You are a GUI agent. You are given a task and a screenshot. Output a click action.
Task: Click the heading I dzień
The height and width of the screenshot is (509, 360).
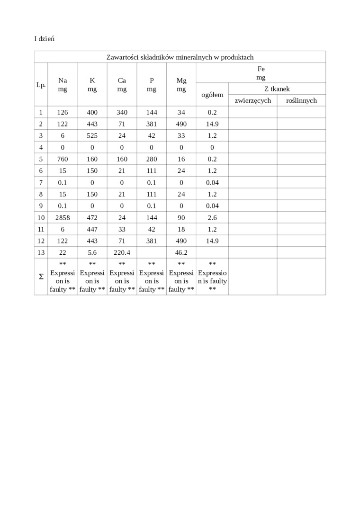pyautogui.click(x=44, y=38)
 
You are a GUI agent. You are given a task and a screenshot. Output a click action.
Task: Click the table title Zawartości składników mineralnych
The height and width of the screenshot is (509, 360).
pyautogui.click(x=180, y=57)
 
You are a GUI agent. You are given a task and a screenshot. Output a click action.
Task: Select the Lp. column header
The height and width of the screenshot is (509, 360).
pyautogui.click(x=41, y=85)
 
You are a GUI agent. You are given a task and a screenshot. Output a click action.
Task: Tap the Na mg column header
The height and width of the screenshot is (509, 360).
pyautogui.click(x=63, y=85)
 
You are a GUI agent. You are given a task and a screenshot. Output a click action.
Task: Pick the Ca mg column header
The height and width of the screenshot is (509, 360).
pyautogui.click(x=122, y=85)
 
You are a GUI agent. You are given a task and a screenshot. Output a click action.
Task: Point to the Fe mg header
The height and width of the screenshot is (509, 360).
pyautogui.click(x=261, y=73)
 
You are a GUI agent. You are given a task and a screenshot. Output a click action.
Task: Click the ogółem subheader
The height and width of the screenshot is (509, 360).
pyautogui.click(x=212, y=95)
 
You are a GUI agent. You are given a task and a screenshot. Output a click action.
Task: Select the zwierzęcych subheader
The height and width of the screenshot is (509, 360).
pyautogui.click(x=252, y=100)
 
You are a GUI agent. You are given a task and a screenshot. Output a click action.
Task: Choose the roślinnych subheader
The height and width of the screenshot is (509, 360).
pyautogui.click(x=301, y=100)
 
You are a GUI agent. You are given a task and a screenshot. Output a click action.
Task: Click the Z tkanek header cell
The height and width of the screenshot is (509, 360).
pyautogui.click(x=277, y=89)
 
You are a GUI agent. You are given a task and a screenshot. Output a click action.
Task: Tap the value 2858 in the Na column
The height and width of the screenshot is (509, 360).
pyautogui.click(x=63, y=217)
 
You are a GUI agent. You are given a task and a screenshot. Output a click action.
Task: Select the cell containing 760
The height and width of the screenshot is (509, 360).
pyautogui.click(x=63, y=159)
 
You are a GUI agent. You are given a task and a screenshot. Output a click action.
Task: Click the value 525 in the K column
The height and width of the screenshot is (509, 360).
pyautogui.click(x=92, y=135)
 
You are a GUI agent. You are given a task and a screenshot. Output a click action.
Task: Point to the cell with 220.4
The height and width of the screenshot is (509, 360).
pyautogui.click(x=122, y=252)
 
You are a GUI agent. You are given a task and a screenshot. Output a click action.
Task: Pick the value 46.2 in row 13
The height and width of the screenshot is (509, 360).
pyautogui.click(x=181, y=252)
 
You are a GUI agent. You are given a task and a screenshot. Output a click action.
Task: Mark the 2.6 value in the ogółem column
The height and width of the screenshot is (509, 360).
pyautogui.click(x=212, y=217)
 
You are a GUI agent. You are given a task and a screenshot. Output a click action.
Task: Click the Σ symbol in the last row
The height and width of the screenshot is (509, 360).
pyautogui.click(x=41, y=277)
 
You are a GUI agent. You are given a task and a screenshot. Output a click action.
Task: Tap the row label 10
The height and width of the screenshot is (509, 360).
pyautogui.click(x=41, y=217)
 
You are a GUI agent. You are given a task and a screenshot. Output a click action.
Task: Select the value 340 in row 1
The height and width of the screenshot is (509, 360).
pyautogui.click(x=122, y=112)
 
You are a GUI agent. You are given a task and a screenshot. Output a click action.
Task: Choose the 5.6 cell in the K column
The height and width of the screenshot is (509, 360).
pyautogui.click(x=92, y=252)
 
